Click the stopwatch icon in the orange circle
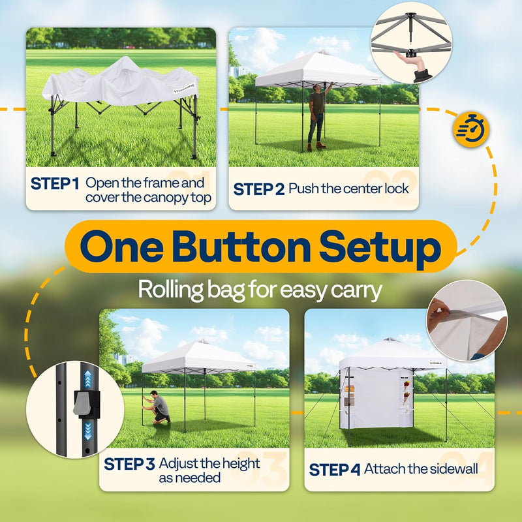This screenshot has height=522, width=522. pyautogui.click(x=470, y=129)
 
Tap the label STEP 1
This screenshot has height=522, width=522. pyautogui.click(x=55, y=183)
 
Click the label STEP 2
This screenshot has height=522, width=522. pyautogui.click(x=258, y=189)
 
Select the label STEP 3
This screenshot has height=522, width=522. pyautogui.click(x=129, y=464)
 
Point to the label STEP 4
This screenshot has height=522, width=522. pyautogui.click(x=334, y=470)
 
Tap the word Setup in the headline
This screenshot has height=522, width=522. pyautogui.click(x=380, y=250)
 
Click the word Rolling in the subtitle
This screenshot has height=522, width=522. pyautogui.click(x=170, y=289)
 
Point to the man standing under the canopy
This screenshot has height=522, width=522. pyautogui.click(x=317, y=117)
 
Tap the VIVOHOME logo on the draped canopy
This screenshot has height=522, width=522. pyautogui.click(x=185, y=89)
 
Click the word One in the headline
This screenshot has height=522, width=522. pyautogui.click(x=121, y=247)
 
